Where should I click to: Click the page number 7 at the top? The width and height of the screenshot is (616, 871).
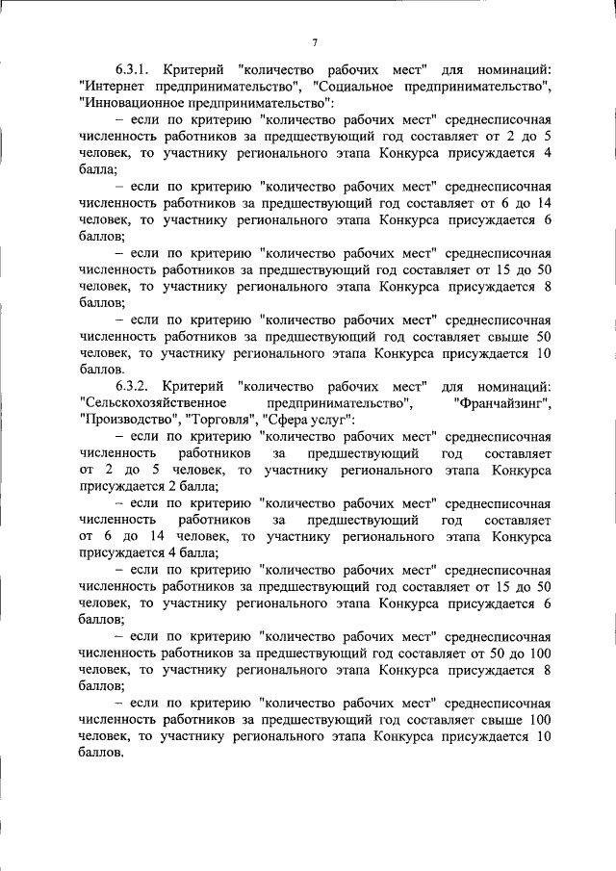[315, 41]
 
